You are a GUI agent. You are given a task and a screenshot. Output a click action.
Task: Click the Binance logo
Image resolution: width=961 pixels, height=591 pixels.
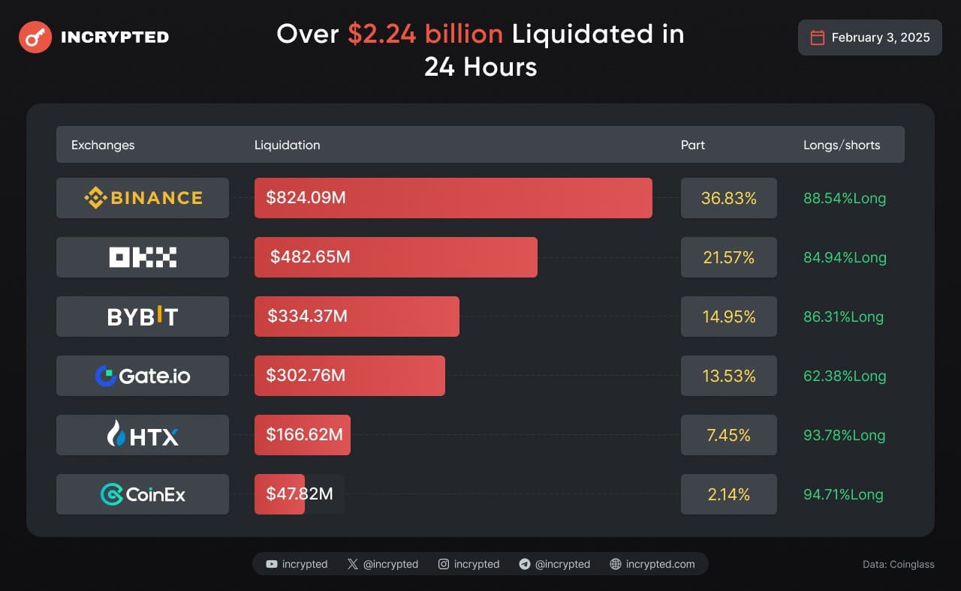coord(143,198)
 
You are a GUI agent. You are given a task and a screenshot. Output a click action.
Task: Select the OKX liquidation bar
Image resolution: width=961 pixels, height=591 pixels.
coord(396,257)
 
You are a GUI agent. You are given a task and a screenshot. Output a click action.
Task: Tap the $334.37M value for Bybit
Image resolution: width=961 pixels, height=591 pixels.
coord(307,316)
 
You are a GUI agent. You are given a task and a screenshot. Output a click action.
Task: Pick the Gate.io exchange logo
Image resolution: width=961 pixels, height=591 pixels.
coord(143,376)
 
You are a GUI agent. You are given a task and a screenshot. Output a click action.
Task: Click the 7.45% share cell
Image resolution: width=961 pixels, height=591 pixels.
coord(728,435)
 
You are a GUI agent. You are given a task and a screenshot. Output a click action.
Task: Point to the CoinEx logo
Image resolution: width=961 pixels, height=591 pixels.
coord(143,494)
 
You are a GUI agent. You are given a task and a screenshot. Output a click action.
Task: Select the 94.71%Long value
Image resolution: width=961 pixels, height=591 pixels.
coord(844,494)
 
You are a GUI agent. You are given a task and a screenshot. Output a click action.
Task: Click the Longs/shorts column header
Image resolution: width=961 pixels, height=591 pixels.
coord(841,145)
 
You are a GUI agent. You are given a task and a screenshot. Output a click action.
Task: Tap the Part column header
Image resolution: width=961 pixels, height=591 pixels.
coord(692,145)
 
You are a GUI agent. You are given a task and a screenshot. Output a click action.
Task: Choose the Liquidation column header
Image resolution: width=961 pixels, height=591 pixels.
coord(287,145)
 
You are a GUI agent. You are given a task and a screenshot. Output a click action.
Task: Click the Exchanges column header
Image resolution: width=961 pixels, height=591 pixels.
coord(103,145)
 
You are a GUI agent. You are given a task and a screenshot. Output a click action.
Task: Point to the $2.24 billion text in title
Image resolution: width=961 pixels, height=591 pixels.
coord(425,34)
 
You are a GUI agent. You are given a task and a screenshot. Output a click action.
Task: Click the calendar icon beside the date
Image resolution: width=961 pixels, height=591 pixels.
coord(818,37)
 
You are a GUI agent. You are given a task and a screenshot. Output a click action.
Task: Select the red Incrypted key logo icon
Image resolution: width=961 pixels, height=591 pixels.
coord(35,37)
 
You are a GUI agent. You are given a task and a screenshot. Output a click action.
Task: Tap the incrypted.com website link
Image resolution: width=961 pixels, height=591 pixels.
coord(659,564)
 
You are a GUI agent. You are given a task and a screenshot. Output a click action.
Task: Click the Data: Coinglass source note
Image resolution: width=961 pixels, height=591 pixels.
coord(899,564)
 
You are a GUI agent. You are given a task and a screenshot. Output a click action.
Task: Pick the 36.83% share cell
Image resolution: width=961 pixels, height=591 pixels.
coord(728,198)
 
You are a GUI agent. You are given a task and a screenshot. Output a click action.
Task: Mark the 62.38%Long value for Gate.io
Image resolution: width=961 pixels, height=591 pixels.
coord(844,376)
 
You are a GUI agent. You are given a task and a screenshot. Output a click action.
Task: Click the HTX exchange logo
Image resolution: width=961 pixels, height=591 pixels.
coord(143,435)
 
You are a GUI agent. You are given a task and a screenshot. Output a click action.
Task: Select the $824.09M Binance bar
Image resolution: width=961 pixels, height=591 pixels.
coord(453,198)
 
